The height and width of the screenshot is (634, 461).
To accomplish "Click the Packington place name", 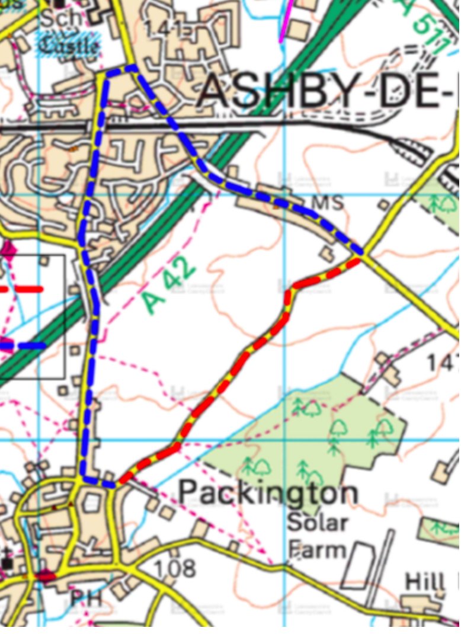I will [x=268, y=492].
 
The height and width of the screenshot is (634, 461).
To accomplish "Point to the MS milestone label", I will [x=327, y=203].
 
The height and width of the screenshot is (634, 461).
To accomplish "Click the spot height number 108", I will [x=174, y=569].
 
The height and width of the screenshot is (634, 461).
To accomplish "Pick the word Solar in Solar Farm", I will [x=317, y=523].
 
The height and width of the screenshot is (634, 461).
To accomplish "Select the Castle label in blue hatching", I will [x=69, y=43].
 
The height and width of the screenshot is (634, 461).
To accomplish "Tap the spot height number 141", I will [x=165, y=30].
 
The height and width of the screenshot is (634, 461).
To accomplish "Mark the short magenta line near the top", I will [x=286, y=21].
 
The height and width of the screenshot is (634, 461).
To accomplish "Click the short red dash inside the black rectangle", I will [x=23, y=290].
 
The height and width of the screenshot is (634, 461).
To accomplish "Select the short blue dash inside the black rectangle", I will [x=24, y=344].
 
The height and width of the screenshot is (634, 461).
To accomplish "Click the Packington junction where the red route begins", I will [x=119, y=483].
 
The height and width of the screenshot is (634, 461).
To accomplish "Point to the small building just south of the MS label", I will [x=326, y=254].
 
